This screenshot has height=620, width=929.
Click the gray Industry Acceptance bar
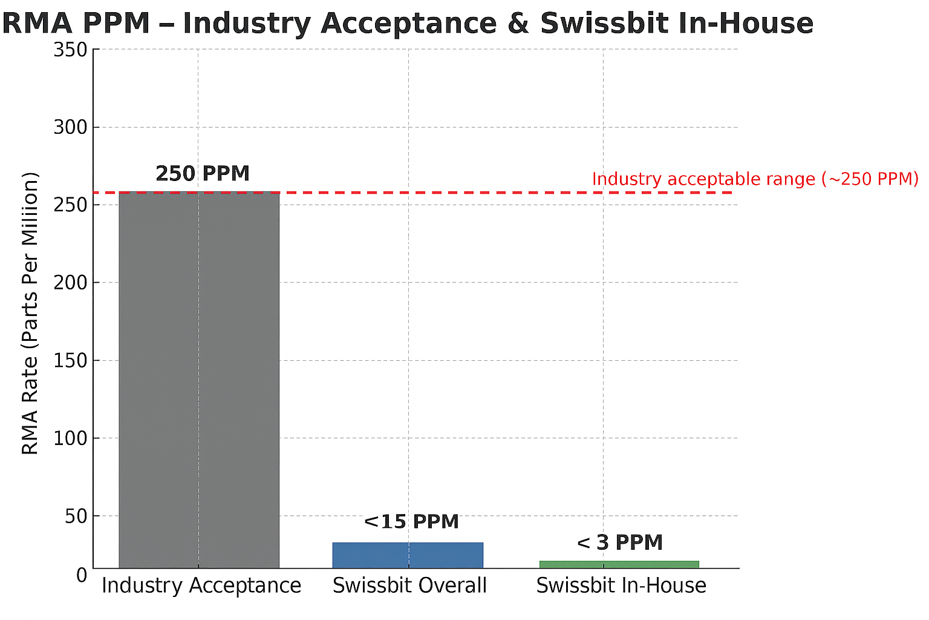coord(199,380)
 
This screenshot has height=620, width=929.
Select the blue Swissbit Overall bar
coord(408,555)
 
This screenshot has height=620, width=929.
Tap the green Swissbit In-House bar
coord(619,564)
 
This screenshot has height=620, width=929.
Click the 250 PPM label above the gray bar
coord(203,174)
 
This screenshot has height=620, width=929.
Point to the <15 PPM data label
coord(411,521)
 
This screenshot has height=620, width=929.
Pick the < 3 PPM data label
coord(620,542)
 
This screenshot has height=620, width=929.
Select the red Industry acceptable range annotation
coord(755,179)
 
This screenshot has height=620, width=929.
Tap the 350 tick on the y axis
coord(70,50)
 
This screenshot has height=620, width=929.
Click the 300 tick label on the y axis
coord(70,127)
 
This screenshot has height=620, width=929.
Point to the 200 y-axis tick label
coord(70,283)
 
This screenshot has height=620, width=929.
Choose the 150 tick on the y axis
coord(70,360)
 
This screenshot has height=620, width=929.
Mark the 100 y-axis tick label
coord(70,438)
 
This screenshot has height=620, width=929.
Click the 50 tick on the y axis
coord(76,516)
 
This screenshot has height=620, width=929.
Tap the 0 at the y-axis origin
coord(82,575)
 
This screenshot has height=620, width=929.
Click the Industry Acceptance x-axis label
coord(201,585)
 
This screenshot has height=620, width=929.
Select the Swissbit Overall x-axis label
coord(409,585)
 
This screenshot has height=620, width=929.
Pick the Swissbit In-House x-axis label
coord(621,585)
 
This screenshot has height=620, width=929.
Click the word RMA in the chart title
coord(37,23)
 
